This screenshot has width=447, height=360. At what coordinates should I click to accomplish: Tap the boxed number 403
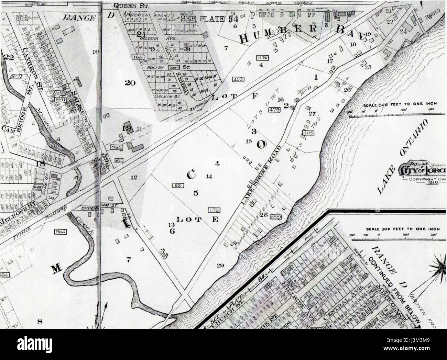(238, 79)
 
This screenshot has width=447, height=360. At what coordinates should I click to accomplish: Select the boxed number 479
(274, 110)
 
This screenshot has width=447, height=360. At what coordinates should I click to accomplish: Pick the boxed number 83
(177, 185)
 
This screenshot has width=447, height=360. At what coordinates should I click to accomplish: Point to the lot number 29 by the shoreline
(220, 265)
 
